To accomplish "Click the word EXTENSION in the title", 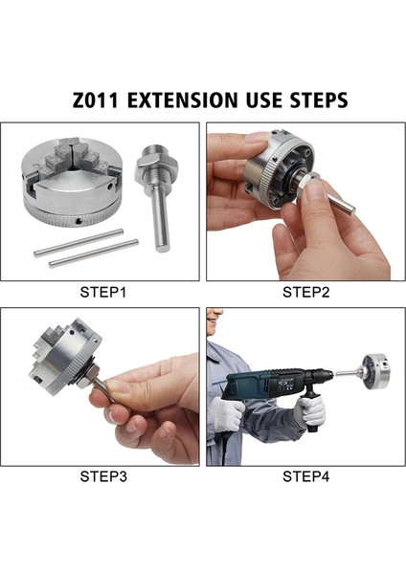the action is [x=182, y=99].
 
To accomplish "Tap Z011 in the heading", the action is [x=96, y=99].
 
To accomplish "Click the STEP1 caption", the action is [x=103, y=293].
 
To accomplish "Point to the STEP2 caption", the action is [x=306, y=293].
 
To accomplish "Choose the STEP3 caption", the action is [x=103, y=476].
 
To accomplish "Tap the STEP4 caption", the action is [x=306, y=476].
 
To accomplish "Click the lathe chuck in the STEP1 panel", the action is [x=72, y=182].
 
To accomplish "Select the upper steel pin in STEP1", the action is [x=79, y=243].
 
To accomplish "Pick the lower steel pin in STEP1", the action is [x=94, y=254].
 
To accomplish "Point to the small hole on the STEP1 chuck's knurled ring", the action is [x=79, y=221].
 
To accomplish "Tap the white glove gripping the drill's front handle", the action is [x=311, y=410].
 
